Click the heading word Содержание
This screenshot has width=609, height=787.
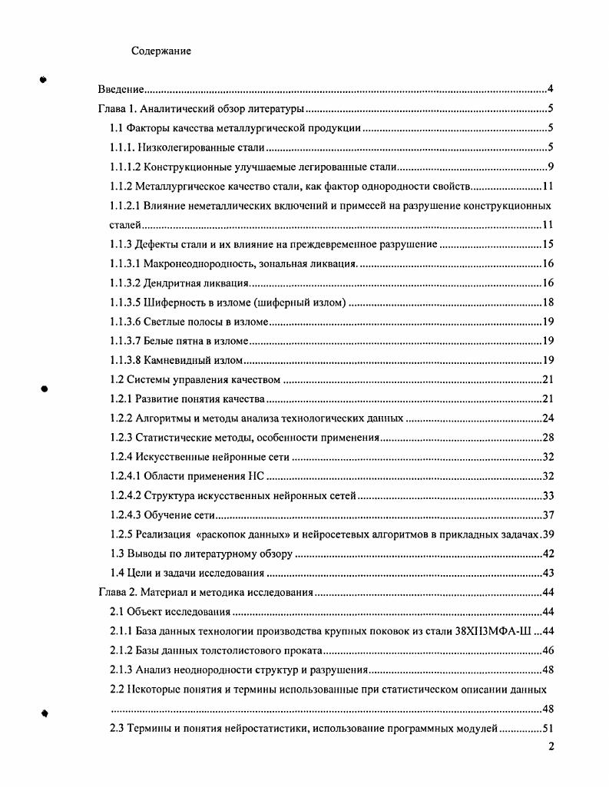tap(161, 51)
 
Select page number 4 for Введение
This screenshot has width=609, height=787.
tap(551, 89)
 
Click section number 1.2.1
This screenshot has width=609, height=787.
tap(122, 400)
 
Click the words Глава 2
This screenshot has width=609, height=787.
tap(117, 593)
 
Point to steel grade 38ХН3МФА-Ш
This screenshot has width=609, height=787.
tap(496, 631)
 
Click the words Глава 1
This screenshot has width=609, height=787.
tap(117, 109)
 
